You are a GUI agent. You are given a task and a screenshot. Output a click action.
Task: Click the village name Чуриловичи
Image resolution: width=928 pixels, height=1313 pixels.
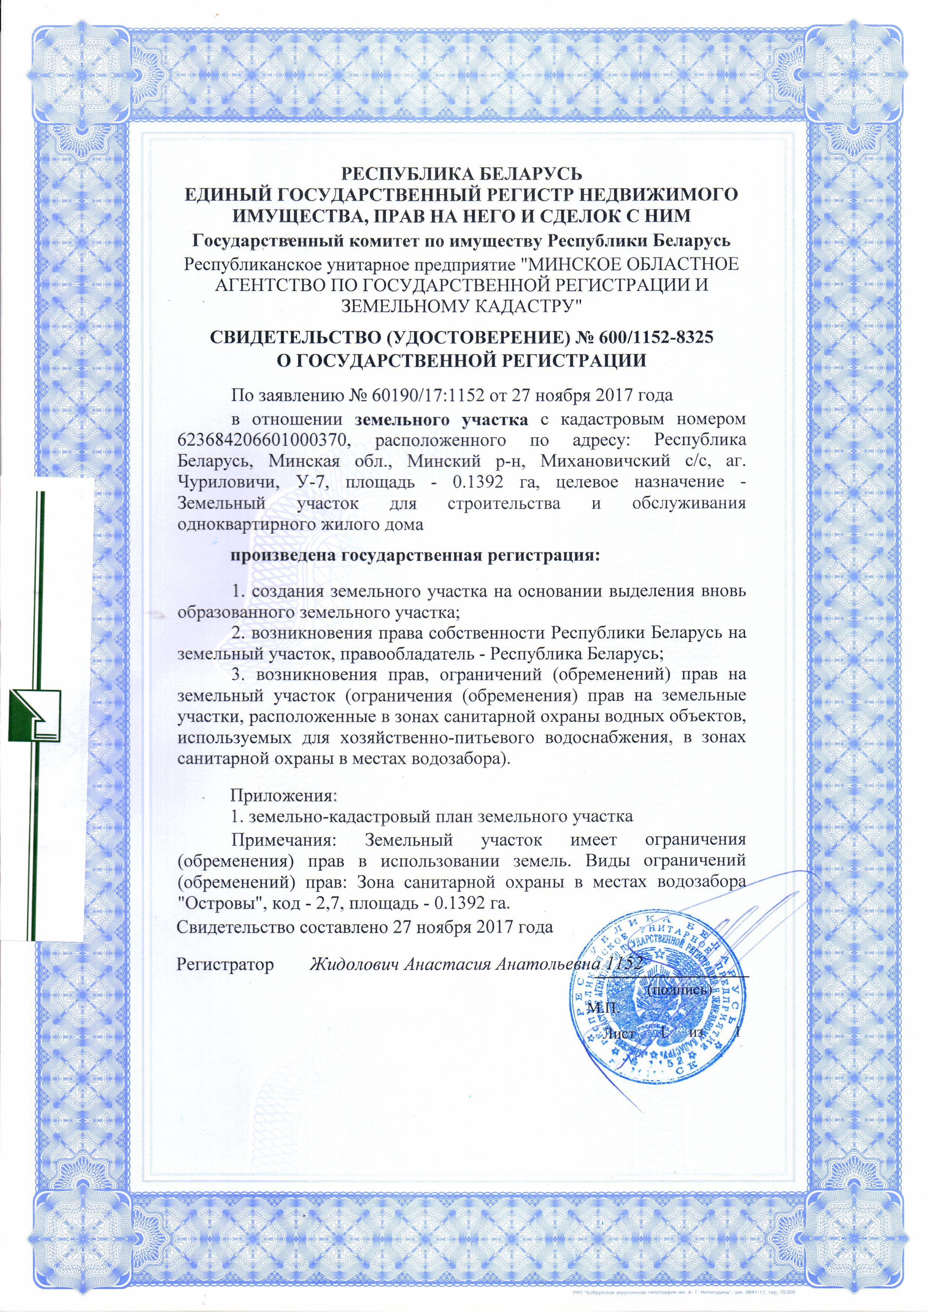click(222, 482)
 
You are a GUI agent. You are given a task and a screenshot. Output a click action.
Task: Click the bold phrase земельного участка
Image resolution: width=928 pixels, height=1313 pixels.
click(442, 420)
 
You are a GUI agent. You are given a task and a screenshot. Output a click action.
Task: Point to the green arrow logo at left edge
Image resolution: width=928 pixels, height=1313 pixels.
click(36, 716)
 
